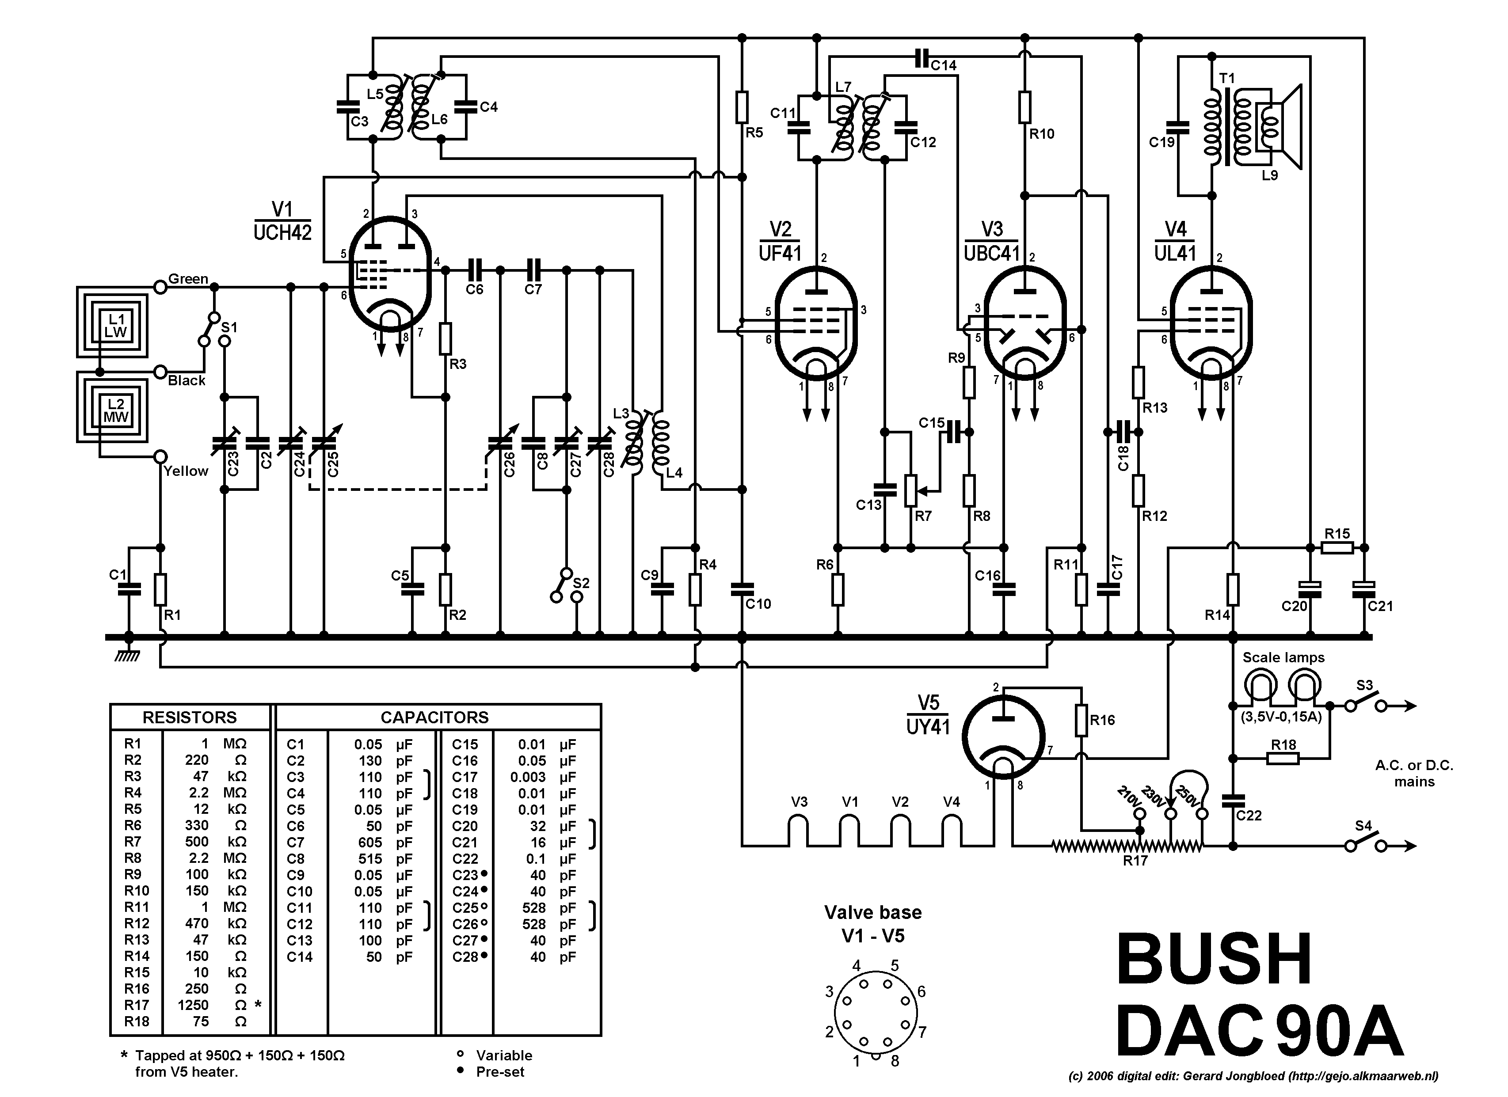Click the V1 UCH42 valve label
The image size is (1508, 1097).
coord(282,221)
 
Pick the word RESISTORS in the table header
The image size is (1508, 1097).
coord(190,717)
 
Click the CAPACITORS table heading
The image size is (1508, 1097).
coord(434,717)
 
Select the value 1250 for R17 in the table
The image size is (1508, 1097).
coord(193,1005)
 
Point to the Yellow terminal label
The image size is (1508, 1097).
coord(186,471)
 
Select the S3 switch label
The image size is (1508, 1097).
coord(1364,685)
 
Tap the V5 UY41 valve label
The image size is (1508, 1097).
coord(928,715)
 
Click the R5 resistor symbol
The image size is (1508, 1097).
coord(742,107)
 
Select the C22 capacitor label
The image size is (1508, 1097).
coord(1249,815)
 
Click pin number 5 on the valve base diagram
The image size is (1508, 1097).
coord(895,965)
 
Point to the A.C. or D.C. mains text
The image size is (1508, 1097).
coord(1414,773)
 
